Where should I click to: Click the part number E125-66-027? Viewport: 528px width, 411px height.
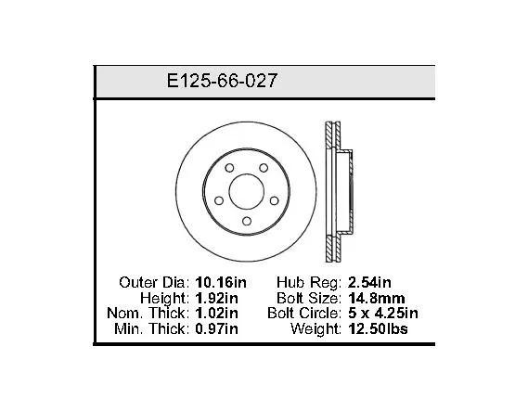(x=222, y=81)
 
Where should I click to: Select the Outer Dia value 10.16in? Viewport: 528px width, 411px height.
(x=221, y=282)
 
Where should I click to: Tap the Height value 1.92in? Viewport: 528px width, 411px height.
(x=216, y=298)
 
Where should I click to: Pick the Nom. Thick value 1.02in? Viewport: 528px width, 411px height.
(x=216, y=314)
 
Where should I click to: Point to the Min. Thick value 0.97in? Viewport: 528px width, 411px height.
(x=216, y=328)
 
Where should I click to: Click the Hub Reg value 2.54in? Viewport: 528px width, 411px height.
(x=369, y=282)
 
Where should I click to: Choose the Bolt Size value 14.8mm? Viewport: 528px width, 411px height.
(x=377, y=298)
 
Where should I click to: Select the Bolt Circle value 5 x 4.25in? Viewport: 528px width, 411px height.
(x=383, y=314)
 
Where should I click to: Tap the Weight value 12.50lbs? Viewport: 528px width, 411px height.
(x=379, y=328)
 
